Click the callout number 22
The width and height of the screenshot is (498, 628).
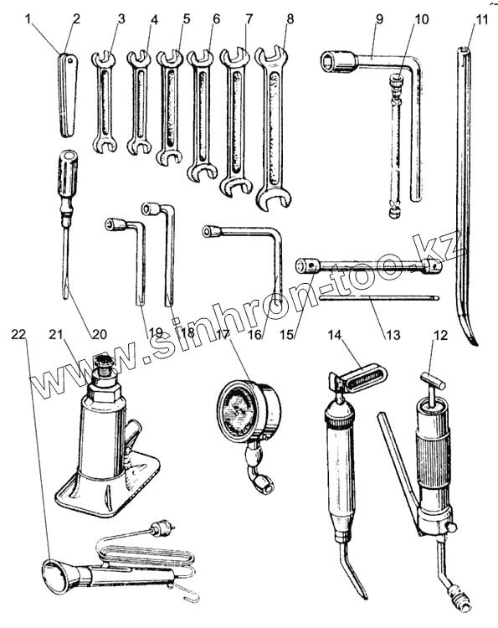tap(18, 334)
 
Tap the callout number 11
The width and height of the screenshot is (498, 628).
tap(480, 18)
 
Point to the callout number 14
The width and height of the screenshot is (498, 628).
tap(336, 334)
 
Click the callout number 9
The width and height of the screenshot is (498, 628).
tap(378, 18)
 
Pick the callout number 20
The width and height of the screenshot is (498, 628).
tap(99, 334)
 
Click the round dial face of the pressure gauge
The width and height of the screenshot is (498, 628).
tap(237, 410)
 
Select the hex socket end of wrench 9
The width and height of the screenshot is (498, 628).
tap(337, 62)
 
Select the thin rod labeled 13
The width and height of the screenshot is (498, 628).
tap(379, 297)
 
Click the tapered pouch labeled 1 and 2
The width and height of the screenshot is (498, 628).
tap(68, 95)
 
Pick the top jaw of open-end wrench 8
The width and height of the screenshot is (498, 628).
tap(272, 57)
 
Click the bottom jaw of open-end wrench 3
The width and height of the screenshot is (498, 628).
tap(105, 145)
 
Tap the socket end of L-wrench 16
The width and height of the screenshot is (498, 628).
tap(212, 231)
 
